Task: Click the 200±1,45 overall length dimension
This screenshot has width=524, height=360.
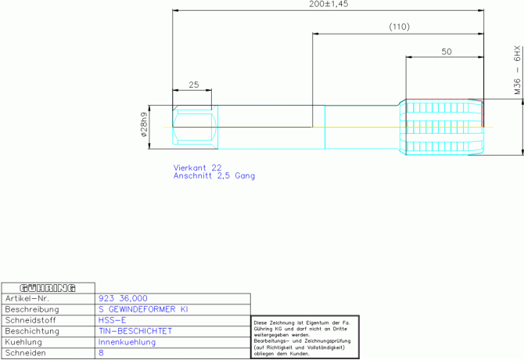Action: (x=328, y=4)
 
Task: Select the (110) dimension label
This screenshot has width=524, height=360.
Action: (x=400, y=27)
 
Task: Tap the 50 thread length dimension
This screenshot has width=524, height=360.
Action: (x=447, y=52)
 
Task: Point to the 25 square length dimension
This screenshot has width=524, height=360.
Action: (x=194, y=85)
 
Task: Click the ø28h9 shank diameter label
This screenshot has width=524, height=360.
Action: (x=144, y=124)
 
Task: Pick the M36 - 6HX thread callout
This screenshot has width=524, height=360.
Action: (x=517, y=70)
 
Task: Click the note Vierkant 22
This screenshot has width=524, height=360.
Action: (x=197, y=167)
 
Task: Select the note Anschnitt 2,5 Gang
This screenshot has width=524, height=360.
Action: (x=214, y=176)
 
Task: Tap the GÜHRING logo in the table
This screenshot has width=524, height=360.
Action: (x=48, y=288)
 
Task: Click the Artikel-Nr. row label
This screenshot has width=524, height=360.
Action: (x=27, y=298)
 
